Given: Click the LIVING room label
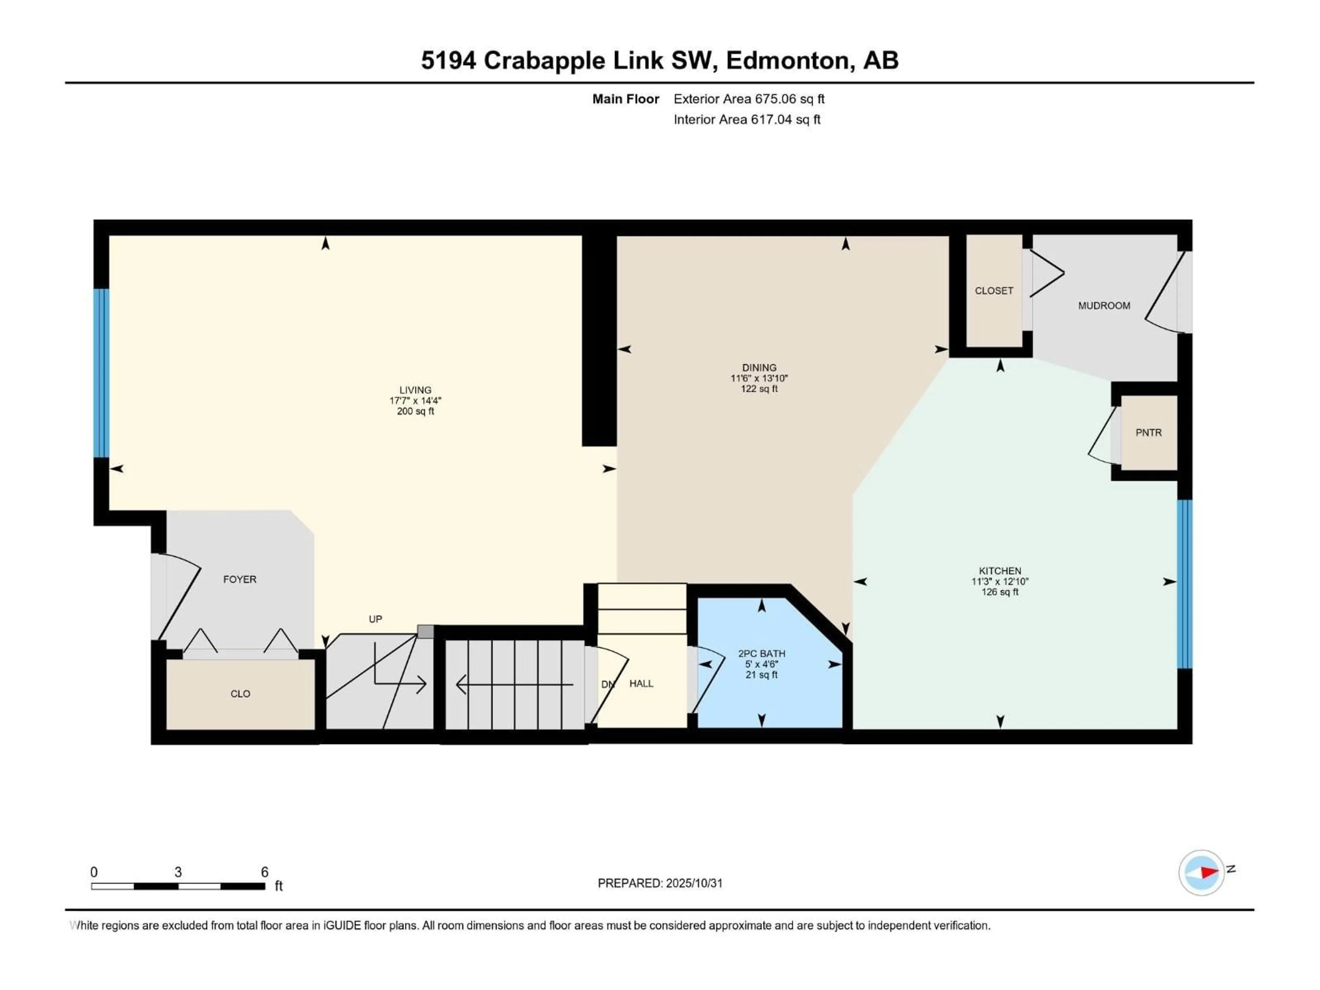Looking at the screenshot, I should pyautogui.click(x=415, y=390).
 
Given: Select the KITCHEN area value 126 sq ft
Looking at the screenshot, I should pyautogui.click(x=1000, y=592).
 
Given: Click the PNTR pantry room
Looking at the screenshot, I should pyautogui.click(x=1148, y=433).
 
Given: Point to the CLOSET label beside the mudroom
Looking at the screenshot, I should pyautogui.click(x=993, y=290).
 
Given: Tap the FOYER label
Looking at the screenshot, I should pyautogui.click(x=239, y=580).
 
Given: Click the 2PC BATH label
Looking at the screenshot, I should pyautogui.click(x=761, y=653).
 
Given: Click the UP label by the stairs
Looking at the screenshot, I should pyautogui.click(x=375, y=619).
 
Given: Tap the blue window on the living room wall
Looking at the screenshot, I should pyautogui.click(x=101, y=373).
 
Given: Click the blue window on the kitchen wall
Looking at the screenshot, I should pyautogui.click(x=1185, y=584).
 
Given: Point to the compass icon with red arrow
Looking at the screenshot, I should pyautogui.click(x=1201, y=872).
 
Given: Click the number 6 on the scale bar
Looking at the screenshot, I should pyautogui.click(x=264, y=872).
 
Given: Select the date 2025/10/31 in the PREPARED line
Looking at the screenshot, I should pyautogui.click(x=693, y=883).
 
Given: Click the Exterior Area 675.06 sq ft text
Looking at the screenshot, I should pyautogui.click(x=749, y=99).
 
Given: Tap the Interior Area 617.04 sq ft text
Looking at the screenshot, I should pyautogui.click(x=747, y=119).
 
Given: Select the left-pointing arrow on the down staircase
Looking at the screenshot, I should pyautogui.click(x=462, y=684).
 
